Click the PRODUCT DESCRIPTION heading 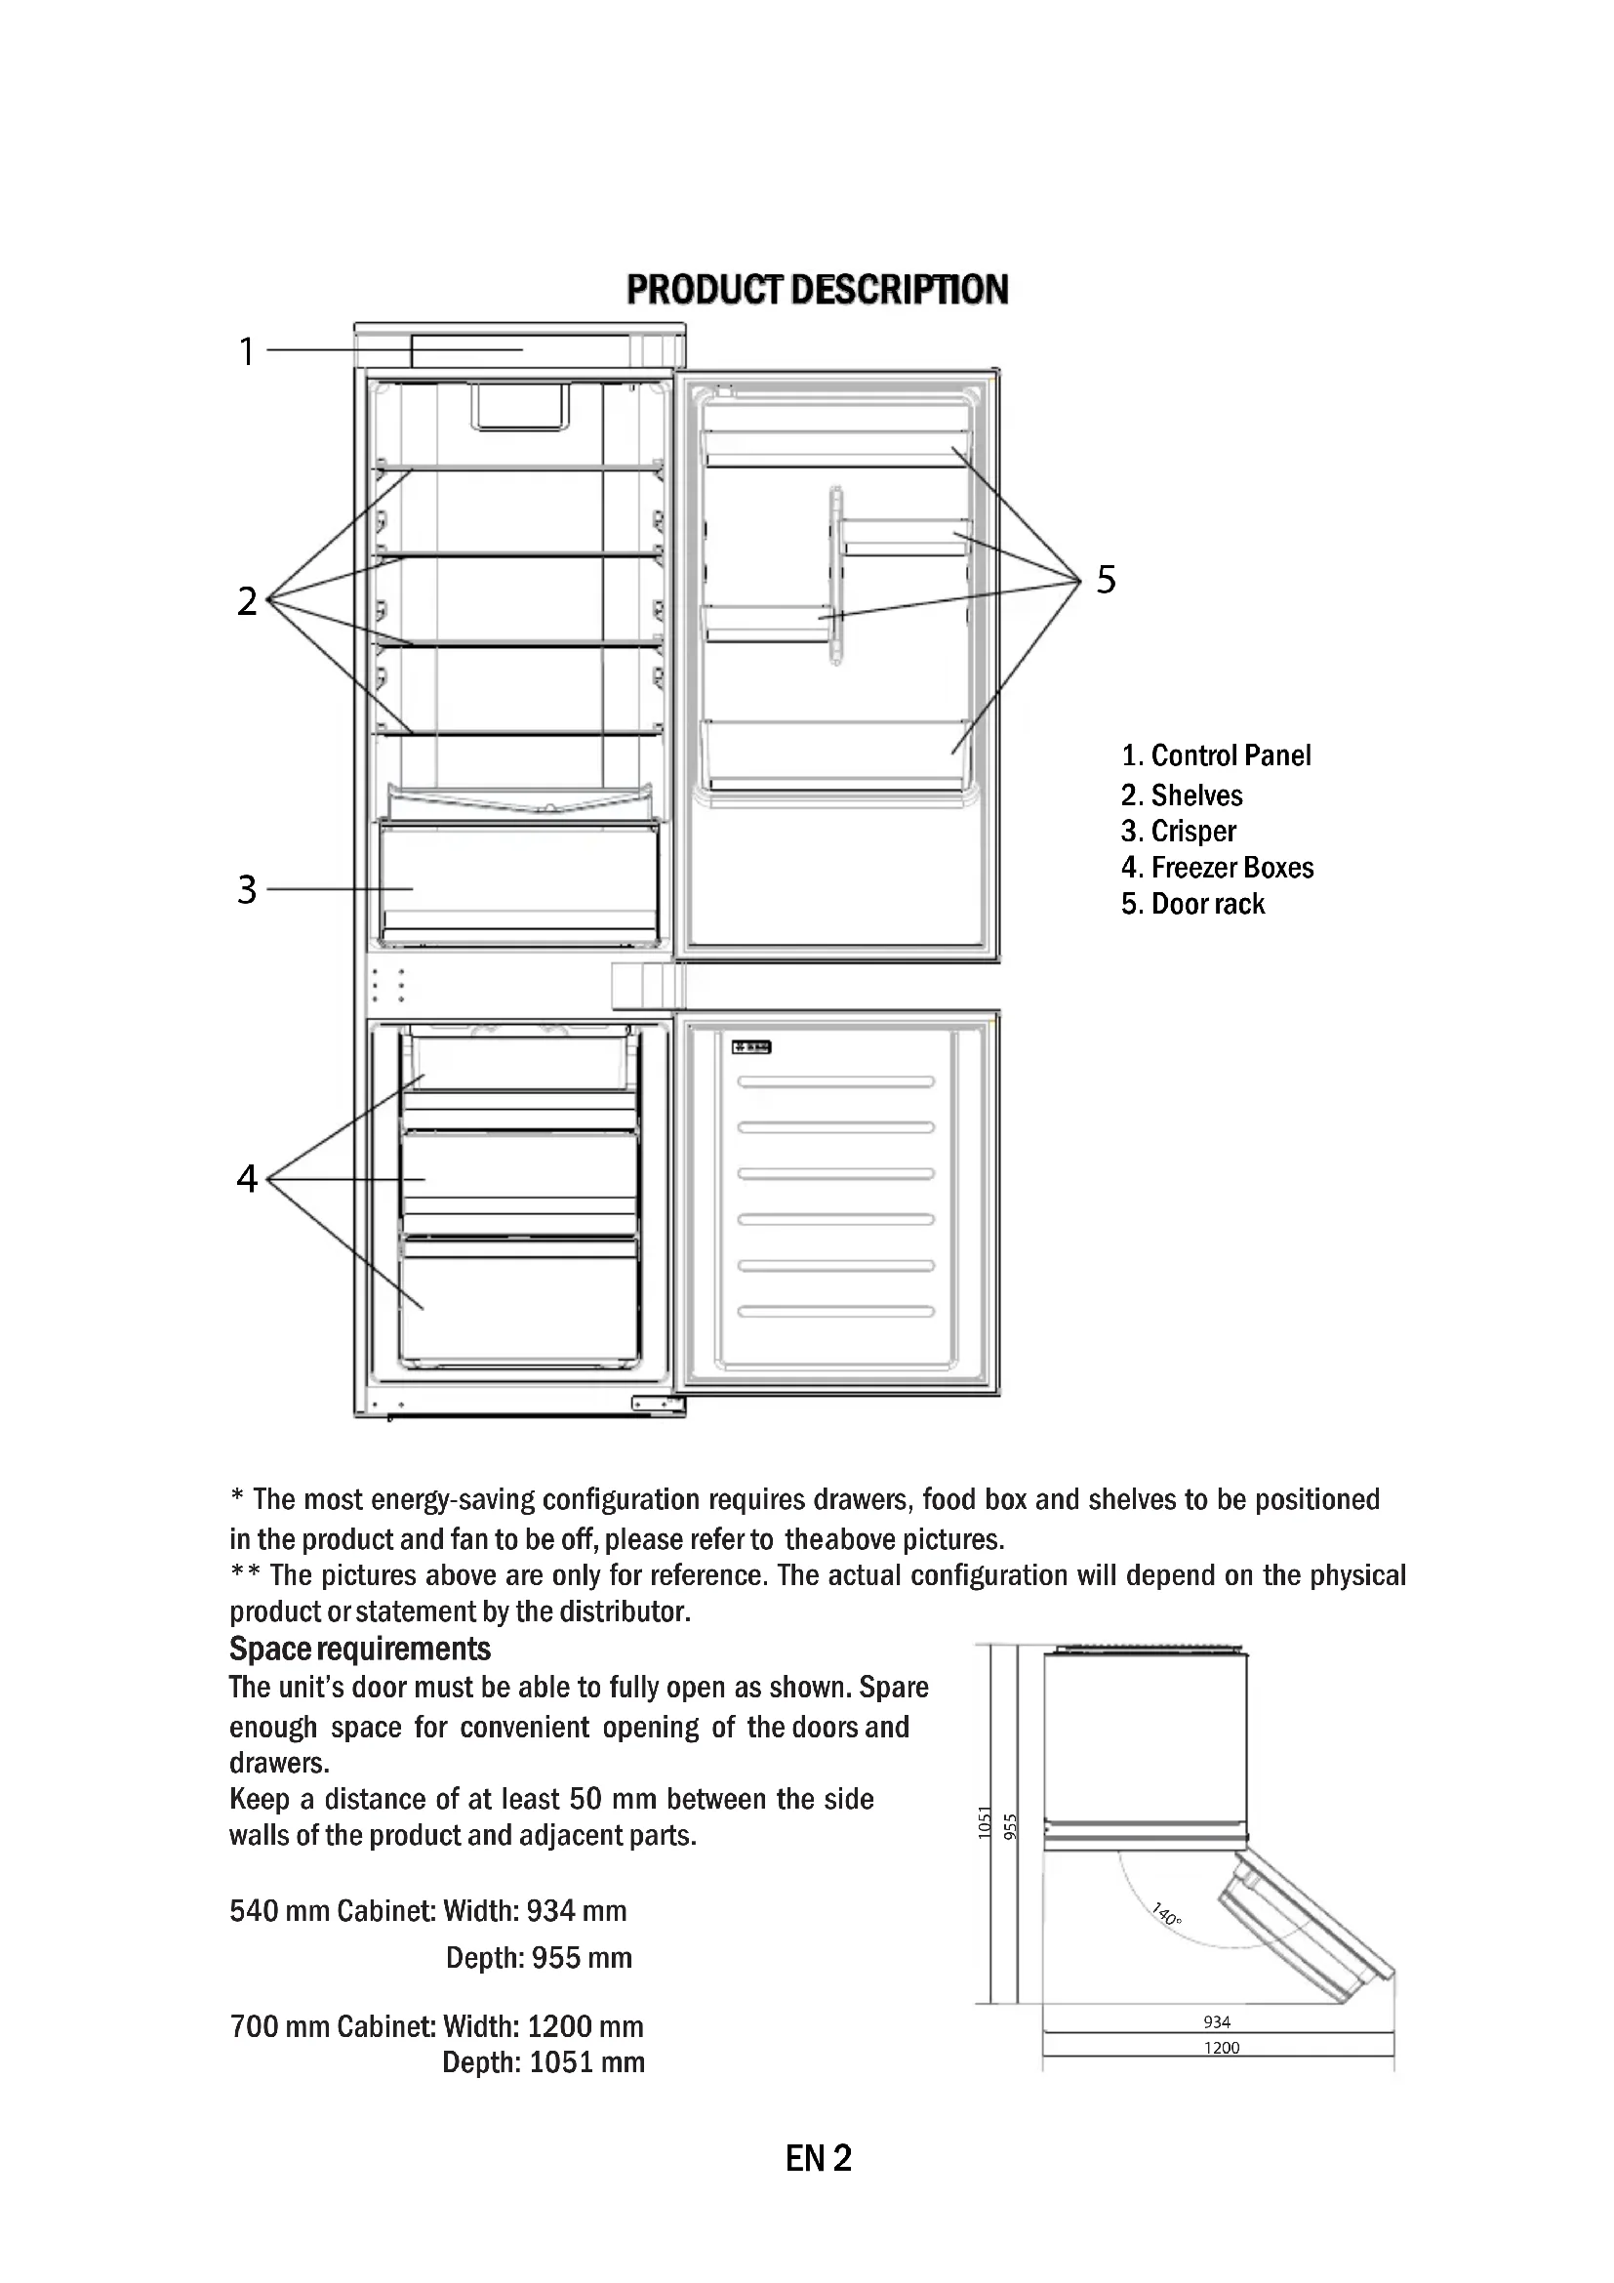click(817, 289)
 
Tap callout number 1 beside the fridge click(247, 352)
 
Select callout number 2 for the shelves click(247, 600)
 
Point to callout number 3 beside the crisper click(247, 889)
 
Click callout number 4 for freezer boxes click(247, 1178)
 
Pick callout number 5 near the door click(1107, 579)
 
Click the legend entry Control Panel click(1216, 755)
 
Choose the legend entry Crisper click(1179, 832)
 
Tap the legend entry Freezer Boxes click(1217, 868)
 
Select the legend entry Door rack click(1192, 904)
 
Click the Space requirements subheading click(360, 1649)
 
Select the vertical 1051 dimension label click(985, 1821)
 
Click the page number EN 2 click(818, 2160)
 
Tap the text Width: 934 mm click(535, 1910)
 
